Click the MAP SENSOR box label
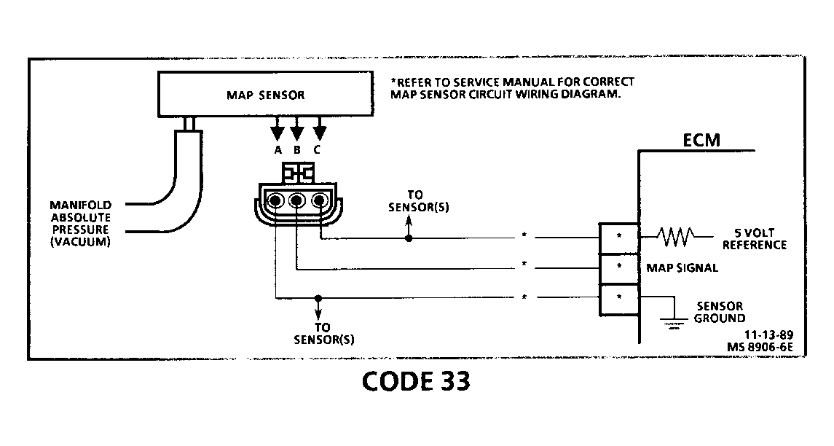pyautogui.click(x=265, y=95)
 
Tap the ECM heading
pyautogui.click(x=701, y=141)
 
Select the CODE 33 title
pyautogui.click(x=416, y=382)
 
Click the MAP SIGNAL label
pyautogui.click(x=682, y=267)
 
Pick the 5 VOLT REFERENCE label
pyautogui.click(x=755, y=239)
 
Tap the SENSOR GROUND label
pyautogui.click(x=719, y=312)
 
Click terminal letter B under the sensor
pyautogui.click(x=297, y=151)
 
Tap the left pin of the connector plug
pyautogui.click(x=275, y=201)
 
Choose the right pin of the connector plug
pyautogui.click(x=319, y=201)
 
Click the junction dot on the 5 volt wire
pyautogui.click(x=409, y=238)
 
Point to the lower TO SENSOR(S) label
pyautogui.click(x=323, y=333)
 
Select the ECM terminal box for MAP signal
pyautogui.click(x=618, y=267)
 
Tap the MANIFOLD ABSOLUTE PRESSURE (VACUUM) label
pyautogui.click(x=80, y=223)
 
